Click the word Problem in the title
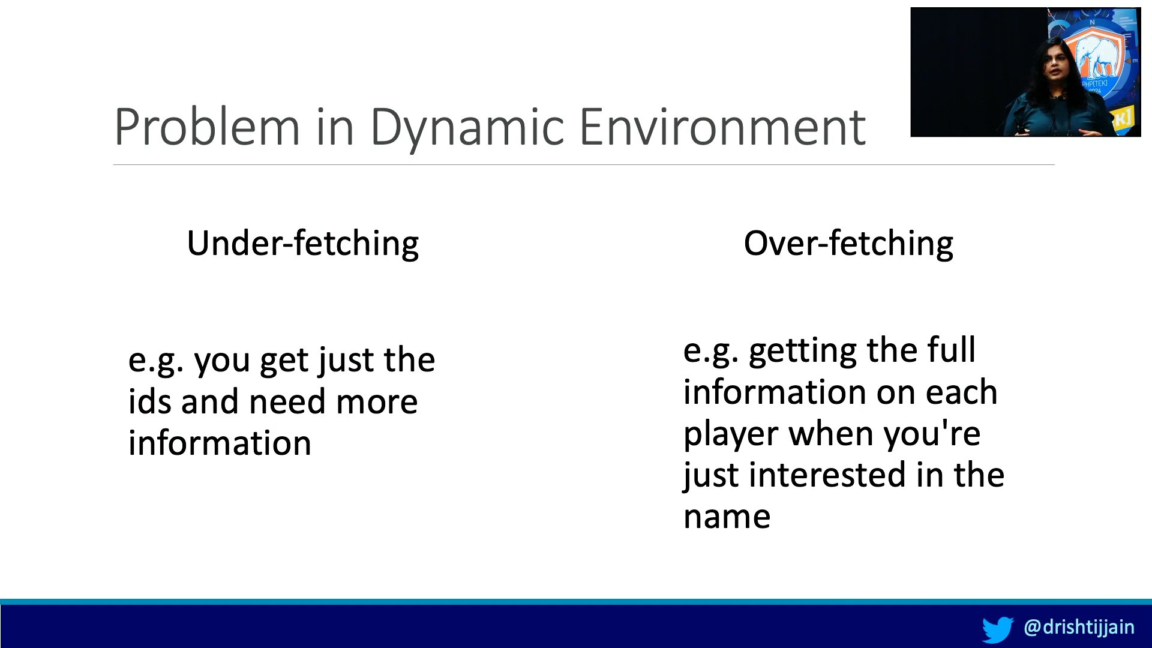(x=207, y=127)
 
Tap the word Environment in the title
(x=722, y=127)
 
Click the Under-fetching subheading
(x=303, y=244)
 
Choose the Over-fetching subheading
(x=848, y=244)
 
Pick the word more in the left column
(x=377, y=403)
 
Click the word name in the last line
(x=727, y=517)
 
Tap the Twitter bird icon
(x=998, y=629)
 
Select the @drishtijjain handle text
(x=1079, y=627)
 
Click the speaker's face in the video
(x=1058, y=67)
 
